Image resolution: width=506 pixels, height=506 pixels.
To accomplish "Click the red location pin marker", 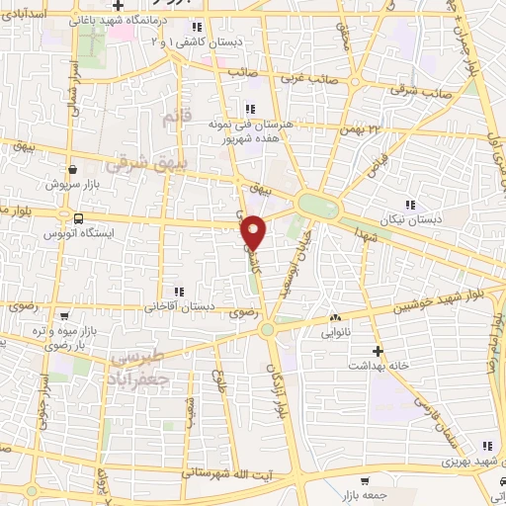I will click(256, 232).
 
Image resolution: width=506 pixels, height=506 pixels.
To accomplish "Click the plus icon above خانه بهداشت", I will click(377, 350).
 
